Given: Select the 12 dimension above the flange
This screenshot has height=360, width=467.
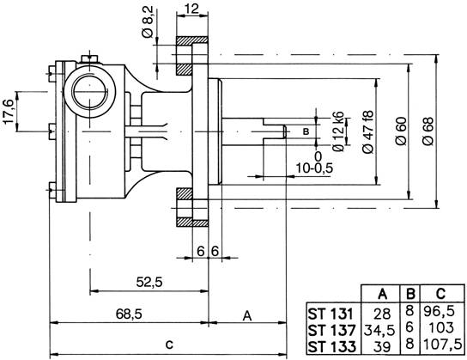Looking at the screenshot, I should tap(192, 8).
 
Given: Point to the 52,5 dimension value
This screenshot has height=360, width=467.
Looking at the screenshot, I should tap(149, 281).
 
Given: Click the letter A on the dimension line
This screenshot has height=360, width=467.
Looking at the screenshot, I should tap(246, 315).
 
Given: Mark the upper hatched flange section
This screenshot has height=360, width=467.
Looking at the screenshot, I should tap(192, 55).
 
